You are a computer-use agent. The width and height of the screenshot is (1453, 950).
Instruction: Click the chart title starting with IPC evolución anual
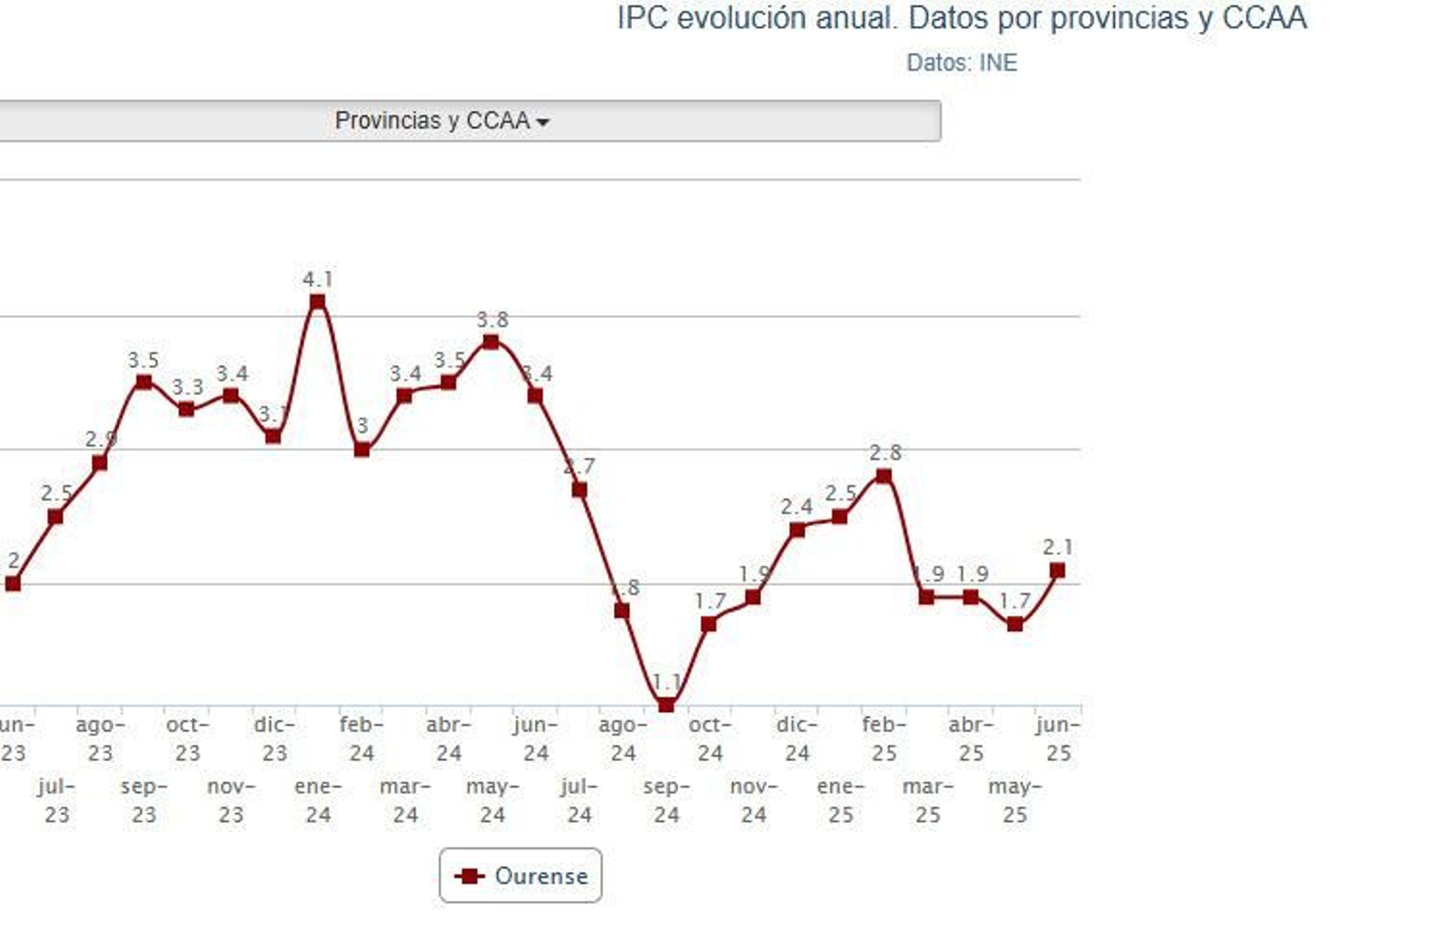(961, 18)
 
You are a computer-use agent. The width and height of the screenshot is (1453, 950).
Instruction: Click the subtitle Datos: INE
(961, 63)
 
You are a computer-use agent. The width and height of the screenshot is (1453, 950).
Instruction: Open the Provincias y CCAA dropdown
(441, 121)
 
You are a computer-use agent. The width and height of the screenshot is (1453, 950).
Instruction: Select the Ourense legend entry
(520, 876)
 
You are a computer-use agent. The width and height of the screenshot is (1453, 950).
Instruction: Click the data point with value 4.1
(317, 302)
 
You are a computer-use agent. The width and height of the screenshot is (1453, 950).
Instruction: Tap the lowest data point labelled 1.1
(666, 704)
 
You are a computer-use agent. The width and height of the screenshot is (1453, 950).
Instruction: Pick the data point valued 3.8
(491, 341)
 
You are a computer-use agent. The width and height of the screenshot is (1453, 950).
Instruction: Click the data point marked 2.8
(884, 476)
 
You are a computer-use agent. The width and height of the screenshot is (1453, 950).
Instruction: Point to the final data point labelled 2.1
(1057, 570)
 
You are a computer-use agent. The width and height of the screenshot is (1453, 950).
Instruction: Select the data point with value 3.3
(186, 409)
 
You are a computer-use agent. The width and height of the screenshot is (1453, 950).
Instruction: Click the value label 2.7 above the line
(579, 467)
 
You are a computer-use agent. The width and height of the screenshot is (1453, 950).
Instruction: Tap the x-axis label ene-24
(318, 800)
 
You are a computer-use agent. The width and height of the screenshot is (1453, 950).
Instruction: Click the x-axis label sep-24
(667, 800)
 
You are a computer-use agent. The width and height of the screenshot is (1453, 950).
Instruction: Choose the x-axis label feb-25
(884, 738)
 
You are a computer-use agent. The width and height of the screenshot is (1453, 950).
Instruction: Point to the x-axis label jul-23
(56, 800)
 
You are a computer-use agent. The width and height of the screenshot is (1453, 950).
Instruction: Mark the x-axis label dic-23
(274, 738)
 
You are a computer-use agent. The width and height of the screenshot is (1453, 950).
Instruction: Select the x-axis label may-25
(1014, 800)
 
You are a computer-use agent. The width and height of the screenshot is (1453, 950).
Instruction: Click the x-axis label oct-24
(709, 738)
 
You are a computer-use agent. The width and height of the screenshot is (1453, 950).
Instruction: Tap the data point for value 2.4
(796, 529)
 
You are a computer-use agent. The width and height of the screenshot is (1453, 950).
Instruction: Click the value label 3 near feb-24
(362, 425)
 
